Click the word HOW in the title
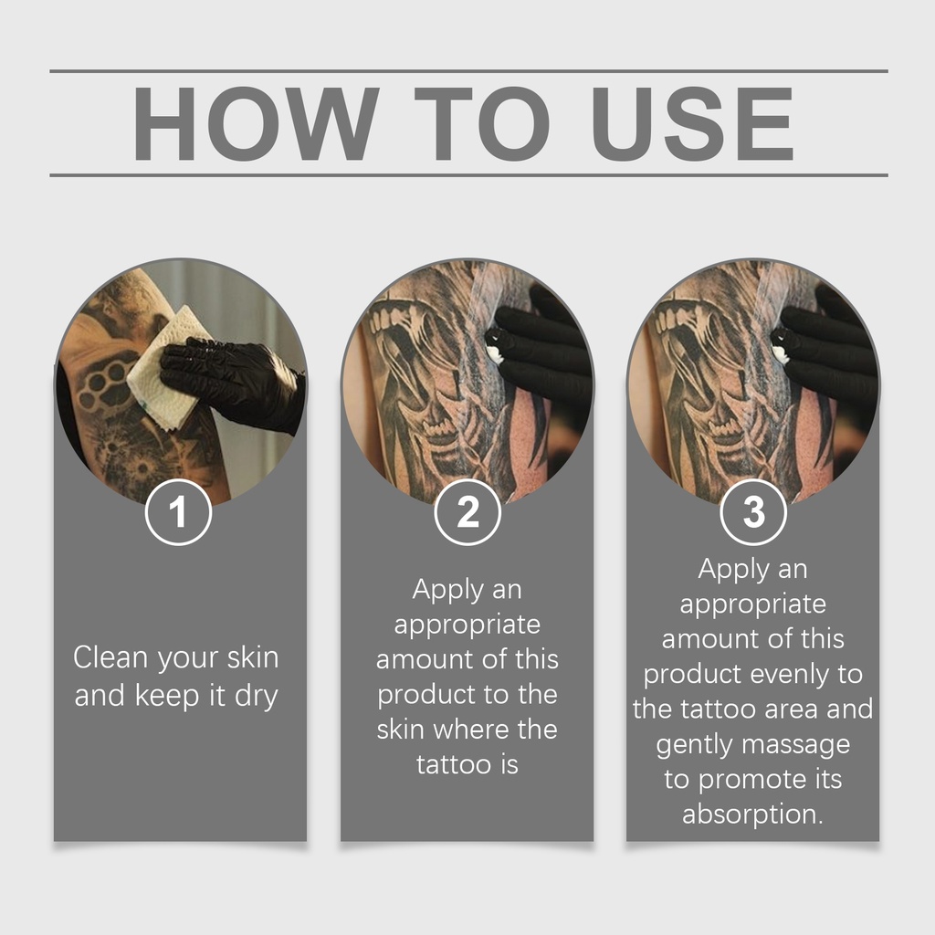pos(256,123)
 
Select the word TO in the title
pos(482,123)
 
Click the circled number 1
pos(178,511)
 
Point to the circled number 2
pos(467,511)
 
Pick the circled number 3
pos(753,511)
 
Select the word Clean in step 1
pos(110,657)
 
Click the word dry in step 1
pos(257,697)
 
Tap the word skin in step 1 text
pos(253,657)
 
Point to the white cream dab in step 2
pos(493,353)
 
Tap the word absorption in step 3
pos(752,814)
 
